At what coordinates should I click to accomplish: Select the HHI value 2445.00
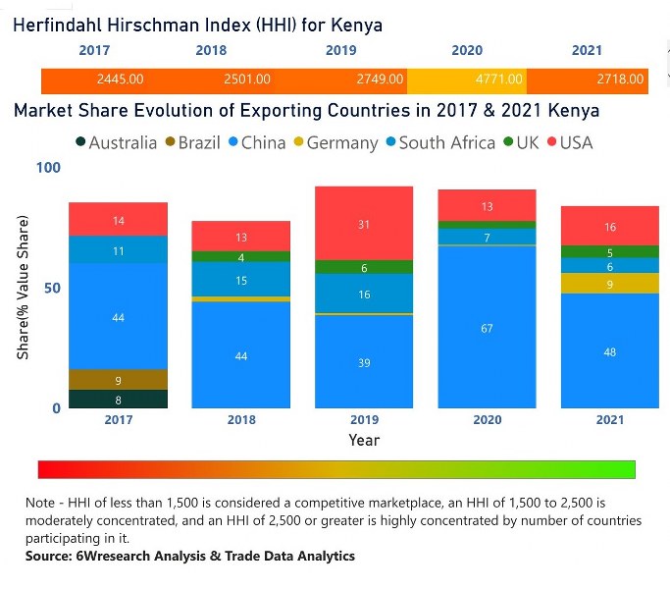click(120, 80)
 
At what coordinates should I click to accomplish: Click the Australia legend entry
click(116, 142)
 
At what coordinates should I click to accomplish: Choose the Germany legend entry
click(335, 142)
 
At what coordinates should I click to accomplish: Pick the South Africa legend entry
click(440, 142)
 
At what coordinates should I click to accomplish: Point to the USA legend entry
click(569, 142)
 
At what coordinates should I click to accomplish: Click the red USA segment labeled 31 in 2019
click(364, 224)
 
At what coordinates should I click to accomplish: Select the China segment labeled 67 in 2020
click(488, 328)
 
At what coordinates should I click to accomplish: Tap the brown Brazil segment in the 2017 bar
click(119, 380)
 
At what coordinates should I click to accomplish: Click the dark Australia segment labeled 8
click(119, 399)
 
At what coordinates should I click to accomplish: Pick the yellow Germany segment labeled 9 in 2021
click(610, 284)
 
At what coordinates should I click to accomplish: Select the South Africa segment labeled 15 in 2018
click(241, 280)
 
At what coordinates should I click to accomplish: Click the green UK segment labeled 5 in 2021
click(610, 252)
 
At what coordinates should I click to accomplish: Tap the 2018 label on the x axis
click(241, 420)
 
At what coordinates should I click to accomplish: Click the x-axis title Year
click(364, 440)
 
